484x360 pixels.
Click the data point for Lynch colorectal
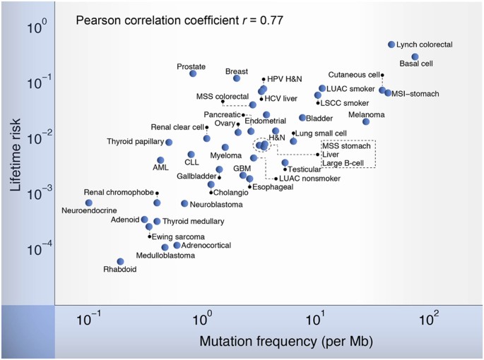coord(391,44)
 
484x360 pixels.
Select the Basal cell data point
coord(415,56)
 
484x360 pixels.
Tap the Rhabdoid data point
coord(120,261)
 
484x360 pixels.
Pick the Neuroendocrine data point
coord(88,203)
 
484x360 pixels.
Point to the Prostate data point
coord(193,73)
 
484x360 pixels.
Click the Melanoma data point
coord(366,121)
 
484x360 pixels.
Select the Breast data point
coord(237,78)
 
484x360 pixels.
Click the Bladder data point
coord(302,118)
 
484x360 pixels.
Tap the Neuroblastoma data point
coord(184,203)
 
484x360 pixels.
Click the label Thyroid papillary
coord(135,142)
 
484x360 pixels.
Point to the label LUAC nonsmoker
coord(309,179)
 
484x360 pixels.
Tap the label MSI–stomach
coord(415,94)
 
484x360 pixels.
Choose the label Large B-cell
coord(343,163)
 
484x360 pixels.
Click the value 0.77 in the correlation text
coord(271,20)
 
